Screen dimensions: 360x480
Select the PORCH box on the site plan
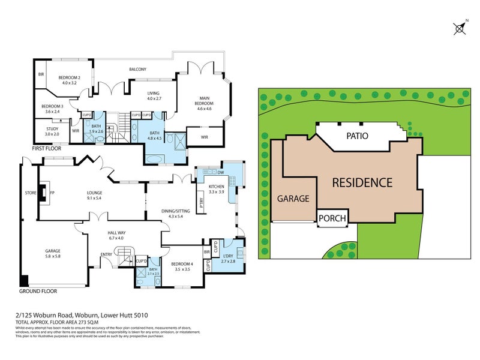point(332,218)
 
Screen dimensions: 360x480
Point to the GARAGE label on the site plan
point(292,199)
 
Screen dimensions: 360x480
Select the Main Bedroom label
point(202,104)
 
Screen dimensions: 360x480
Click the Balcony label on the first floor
point(138,70)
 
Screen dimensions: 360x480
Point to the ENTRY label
point(106,254)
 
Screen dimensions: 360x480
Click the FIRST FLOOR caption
point(47,146)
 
